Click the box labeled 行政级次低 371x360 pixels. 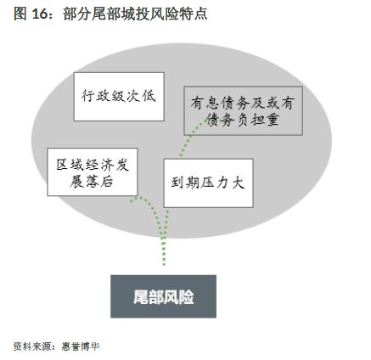click(x=119, y=97)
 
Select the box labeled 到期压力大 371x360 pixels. click(x=208, y=183)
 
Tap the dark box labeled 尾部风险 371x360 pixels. click(x=163, y=296)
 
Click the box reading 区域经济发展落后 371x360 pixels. click(x=93, y=172)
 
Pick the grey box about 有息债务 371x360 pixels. click(x=243, y=110)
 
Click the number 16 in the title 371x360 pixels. click(x=39, y=14)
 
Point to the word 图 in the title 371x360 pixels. click(x=20, y=14)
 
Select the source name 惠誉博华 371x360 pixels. click(x=81, y=346)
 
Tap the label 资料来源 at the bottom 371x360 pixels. click(x=31, y=346)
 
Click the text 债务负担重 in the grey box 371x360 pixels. click(x=243, y=120)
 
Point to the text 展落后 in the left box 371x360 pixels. click(x=92, y=182)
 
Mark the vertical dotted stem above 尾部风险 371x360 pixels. click(x=164, y=250)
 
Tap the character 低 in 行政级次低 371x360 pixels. click(x=149, y=96)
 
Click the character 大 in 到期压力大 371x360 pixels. click(x=238, y=183)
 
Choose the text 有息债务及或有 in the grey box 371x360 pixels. click(x=243, y=103)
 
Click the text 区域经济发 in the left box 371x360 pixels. click(x=93, y=165)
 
